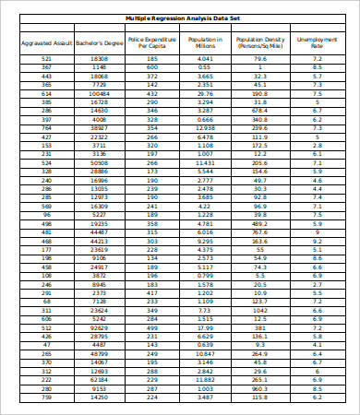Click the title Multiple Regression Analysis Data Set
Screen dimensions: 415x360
pos(180,18)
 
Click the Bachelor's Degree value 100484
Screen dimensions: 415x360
pos(100,93)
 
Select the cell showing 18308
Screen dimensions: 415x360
pos(100,58)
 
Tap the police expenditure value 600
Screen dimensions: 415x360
pos(152,67)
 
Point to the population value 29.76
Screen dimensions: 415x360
pos(205,93)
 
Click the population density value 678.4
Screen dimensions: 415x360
pos(259,111)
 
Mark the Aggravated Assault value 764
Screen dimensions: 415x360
pos(46,127)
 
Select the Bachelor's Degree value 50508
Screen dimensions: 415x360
pos(100,162)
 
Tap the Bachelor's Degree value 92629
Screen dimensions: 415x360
pos(100,327)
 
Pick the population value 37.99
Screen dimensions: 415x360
pos(205,327)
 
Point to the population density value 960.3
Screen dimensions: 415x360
pos(259,388)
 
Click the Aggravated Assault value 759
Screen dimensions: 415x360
pos(46,397)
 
